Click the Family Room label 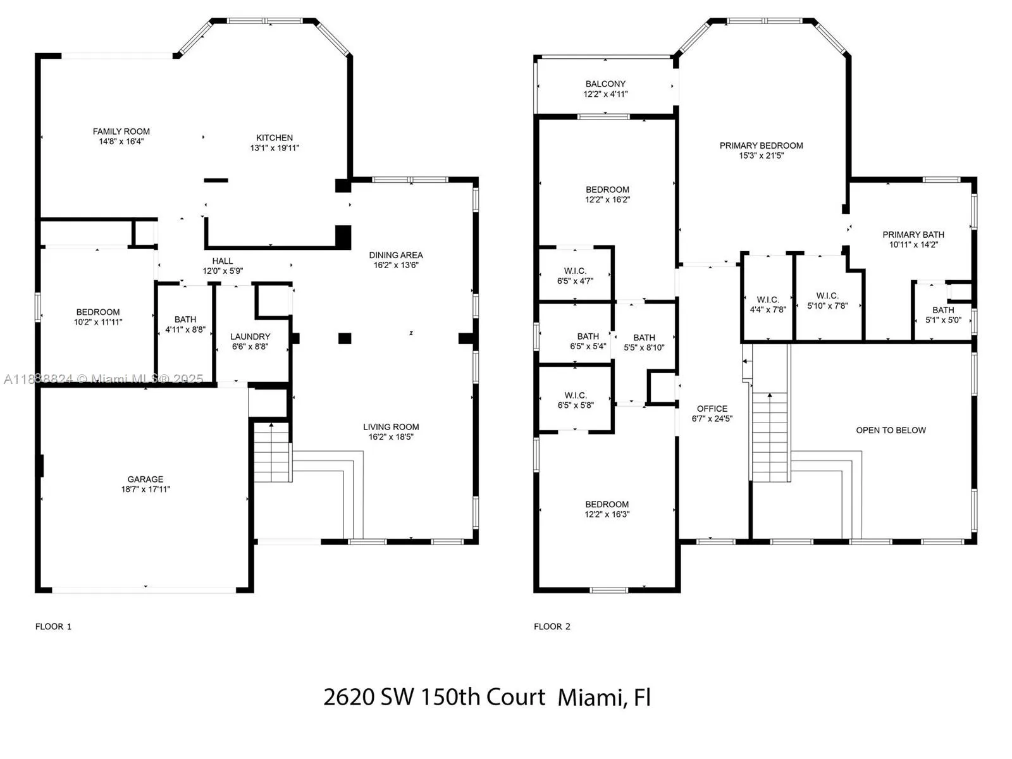(121, 132)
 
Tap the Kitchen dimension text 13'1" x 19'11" (275, 148)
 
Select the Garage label (145, 479)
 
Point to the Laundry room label (250, 336)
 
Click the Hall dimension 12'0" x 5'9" (223, 271)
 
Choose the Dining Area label (396, 255)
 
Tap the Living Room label (391, 427)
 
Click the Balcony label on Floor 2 (605, 84)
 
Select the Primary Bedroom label (761, 145)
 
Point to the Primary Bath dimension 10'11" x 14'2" (913, 245)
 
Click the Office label (712, 409)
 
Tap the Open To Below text (891, 431)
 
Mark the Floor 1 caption (54, 627)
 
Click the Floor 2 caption (552, 627)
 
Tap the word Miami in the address (592, 697)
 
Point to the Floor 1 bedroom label (98, 312)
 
